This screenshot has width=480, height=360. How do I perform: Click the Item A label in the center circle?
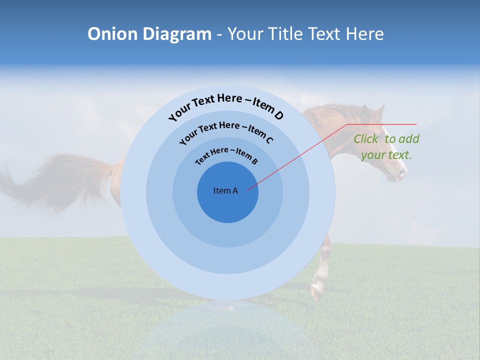[x=225, y=190]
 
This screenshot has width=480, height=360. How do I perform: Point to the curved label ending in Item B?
[x=226, y=155]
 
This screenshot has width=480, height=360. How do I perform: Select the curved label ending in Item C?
[x=226, y=131]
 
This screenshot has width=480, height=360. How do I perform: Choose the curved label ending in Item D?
[x=226, y=106]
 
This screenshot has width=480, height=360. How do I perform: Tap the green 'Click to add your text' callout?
[x=386, y=146]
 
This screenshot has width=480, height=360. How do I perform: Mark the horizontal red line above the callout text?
[x=381, y=124]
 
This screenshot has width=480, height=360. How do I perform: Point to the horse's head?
[x=385, y=145]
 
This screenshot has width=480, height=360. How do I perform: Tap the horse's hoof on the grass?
[x=316, y=292]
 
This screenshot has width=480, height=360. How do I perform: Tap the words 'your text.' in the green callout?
[x=386, y=155]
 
